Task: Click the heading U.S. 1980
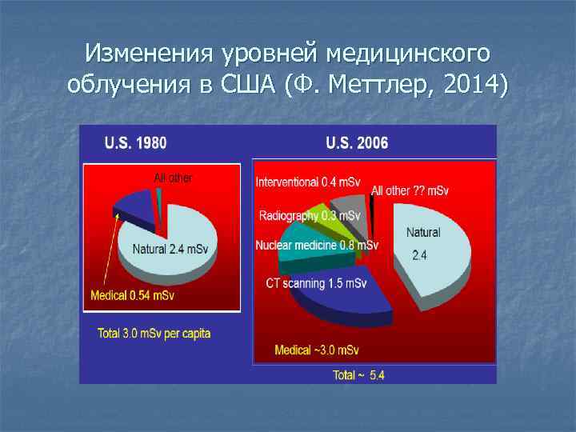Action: point(136,144)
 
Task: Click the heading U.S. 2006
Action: point(357,144)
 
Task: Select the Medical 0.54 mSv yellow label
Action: point(132,295)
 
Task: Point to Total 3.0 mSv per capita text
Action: point(154,333)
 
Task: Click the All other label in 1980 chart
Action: point(173,178)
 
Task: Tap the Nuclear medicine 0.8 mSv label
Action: point(317,245)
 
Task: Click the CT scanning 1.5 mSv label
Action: point(316,283)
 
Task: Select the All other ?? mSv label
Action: point(410,190)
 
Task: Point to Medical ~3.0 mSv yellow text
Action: point(317,350)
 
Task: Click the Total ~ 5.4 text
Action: point(358,374)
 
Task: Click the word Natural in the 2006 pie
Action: point(423,233)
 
